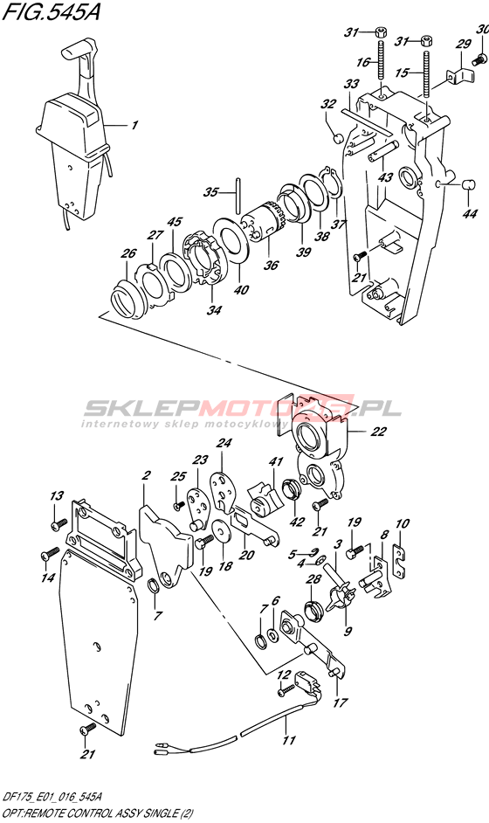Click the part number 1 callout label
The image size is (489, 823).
click(x=134, y=125)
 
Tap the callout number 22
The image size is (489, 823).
click(x=378, y=432)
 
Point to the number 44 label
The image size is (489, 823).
click(x=470, y=214)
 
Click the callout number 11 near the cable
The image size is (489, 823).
click(x=288, y=740)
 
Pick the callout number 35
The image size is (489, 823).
click(x=211, y=192)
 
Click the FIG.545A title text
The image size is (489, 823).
click(x=51, y=11)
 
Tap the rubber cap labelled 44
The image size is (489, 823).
click(x=468, y=184)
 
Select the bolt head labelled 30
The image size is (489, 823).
click(x=478, y=60)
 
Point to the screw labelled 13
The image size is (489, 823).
click(x=59, y=523)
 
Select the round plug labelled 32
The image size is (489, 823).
click(x=339, y=139)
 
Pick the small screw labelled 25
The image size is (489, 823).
click(x=179, y=504)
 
